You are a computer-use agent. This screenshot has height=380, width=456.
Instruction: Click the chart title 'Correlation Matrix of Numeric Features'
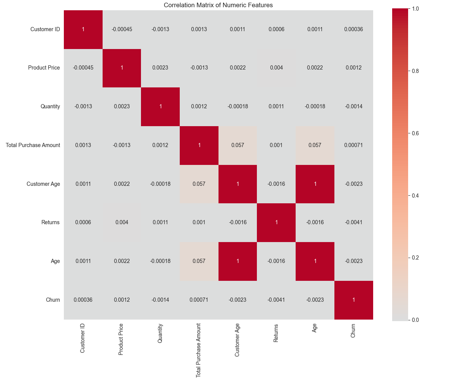218,5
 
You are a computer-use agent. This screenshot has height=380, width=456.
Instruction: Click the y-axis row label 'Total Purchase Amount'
33,145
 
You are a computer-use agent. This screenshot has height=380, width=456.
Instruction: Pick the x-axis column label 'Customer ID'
83,339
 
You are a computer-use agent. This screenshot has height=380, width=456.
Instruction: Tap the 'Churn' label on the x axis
353,331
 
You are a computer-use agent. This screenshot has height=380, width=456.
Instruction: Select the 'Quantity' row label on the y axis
50,106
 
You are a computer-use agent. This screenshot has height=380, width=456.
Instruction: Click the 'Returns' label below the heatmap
276,333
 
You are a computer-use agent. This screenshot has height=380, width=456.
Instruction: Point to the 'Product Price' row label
44,68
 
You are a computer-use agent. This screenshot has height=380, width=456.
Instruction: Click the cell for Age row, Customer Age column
237,261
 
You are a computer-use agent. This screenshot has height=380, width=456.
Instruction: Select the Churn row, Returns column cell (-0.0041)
276,300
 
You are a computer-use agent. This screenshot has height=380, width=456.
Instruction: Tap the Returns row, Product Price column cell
122,222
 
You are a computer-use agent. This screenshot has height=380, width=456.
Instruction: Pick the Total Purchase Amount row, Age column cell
315,145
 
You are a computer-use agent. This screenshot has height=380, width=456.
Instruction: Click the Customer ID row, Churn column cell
353,29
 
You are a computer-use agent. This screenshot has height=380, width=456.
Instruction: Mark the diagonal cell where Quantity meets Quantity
160,106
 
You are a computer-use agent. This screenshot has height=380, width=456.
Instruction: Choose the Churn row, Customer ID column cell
83,300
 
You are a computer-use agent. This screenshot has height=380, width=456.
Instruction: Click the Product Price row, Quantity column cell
160,68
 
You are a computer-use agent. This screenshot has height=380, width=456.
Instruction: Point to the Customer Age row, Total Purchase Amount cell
199,184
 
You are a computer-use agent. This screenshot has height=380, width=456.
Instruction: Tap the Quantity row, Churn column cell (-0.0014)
353,106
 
